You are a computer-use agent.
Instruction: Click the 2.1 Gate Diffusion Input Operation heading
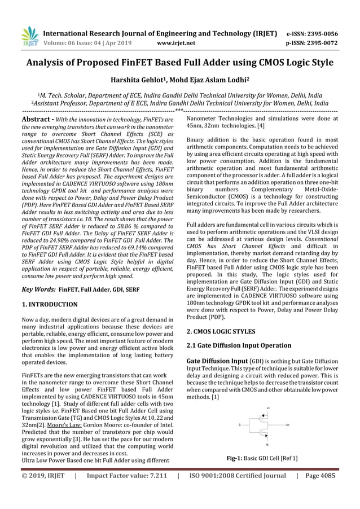[x=239, y=345]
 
